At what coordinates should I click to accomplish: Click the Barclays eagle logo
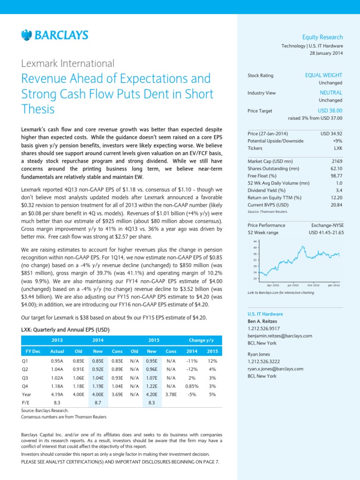point(26,35)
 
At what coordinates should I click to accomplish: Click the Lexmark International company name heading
point(68,63)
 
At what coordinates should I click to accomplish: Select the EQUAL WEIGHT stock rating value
point(323,75)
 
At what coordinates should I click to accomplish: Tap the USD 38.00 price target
point(330,110)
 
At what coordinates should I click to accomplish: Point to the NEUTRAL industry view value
point(331,93)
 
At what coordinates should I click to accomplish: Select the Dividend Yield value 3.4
point(339,190)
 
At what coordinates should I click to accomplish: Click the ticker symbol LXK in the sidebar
point(338,148)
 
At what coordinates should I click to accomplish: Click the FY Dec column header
point(31,351)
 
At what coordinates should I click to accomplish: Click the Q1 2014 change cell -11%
point(192,361)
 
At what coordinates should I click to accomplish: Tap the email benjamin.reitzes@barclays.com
point(279,336)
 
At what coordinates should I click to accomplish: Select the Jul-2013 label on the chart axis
point(293,285)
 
